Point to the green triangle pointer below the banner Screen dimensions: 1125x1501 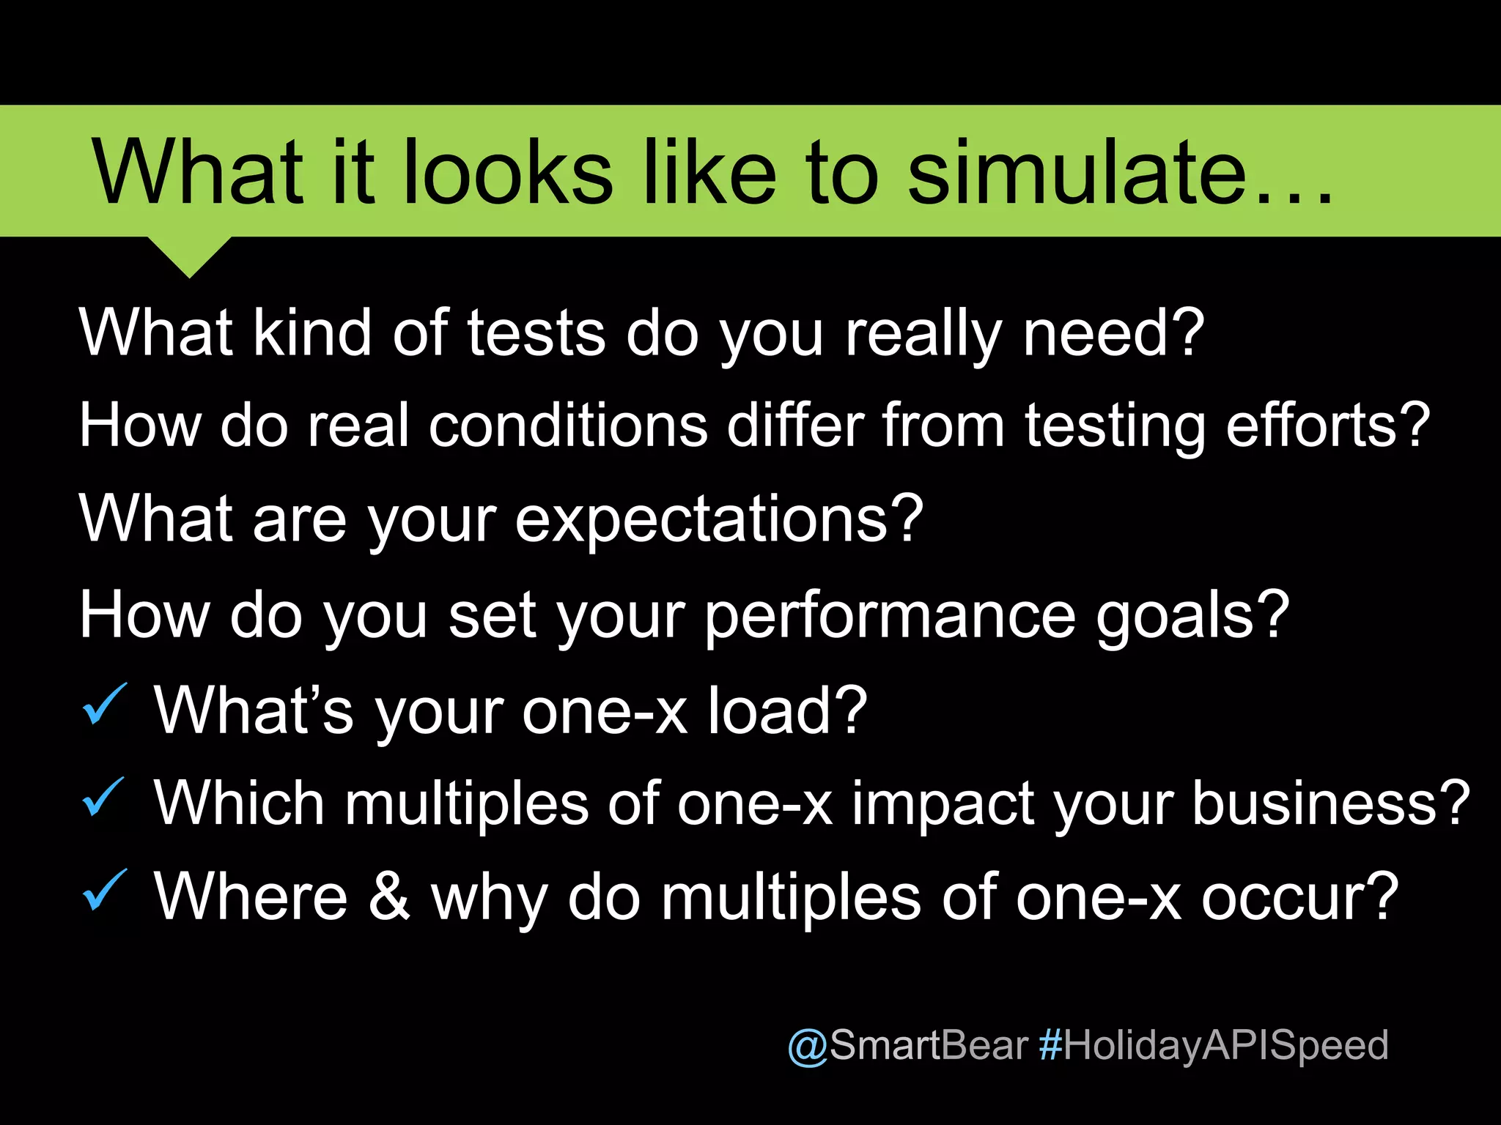point(190,255)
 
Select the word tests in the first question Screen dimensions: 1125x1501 point(536,333)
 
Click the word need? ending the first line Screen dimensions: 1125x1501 point(1113,333)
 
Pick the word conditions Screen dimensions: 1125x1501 point(568,426)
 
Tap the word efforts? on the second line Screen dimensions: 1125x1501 point(1327,426)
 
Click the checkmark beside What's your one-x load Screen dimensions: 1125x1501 point(105,704)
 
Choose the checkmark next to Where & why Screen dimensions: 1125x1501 point(105,890)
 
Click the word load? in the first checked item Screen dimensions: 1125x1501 point(787,710)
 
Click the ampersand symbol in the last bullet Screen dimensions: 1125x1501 point(389,897)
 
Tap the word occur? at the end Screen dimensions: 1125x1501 point(1299,897)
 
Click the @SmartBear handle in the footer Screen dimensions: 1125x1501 point(908,1045)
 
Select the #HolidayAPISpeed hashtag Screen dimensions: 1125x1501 point(1213,1045)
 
